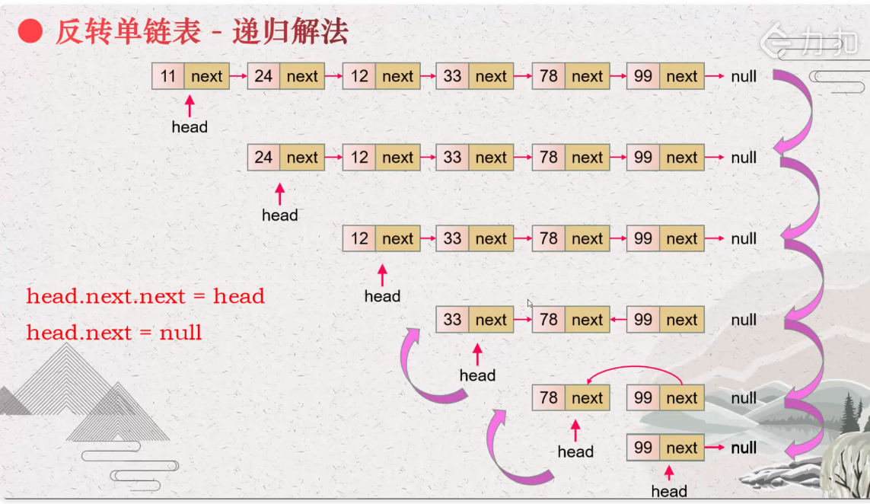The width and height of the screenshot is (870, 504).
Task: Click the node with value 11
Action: pos(190,76)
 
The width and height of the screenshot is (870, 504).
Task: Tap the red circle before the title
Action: pos(30,31)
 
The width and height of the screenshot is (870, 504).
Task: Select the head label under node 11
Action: pos(190,127)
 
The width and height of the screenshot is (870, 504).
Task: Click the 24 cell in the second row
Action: pos(263,157)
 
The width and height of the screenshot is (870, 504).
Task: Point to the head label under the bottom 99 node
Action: pos(669,491)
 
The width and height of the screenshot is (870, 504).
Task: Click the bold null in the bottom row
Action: pos(744,448)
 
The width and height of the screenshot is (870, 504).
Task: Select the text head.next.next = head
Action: pos(145,296)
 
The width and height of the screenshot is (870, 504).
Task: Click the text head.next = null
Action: pos(113,333)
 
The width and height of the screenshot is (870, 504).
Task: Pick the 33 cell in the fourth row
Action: pos(452,319)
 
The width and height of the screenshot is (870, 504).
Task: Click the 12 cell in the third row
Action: pos(359,238)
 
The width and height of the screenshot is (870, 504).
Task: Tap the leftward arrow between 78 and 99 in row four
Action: pos(618,319)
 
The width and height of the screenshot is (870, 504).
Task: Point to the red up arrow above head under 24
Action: pos(279,194)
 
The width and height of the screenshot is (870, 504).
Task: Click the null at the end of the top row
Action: pos(744,76)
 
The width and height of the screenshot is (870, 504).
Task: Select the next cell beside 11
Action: pos(207,76)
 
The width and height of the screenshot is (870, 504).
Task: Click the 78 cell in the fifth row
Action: pos(548,397)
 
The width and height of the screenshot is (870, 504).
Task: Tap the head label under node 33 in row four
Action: pos(477,375)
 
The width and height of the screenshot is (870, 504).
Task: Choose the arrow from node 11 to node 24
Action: pos(238,76)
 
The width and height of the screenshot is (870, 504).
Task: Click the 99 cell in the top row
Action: pos(643,76)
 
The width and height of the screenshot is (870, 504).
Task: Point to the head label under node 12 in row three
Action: pos(382,296)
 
